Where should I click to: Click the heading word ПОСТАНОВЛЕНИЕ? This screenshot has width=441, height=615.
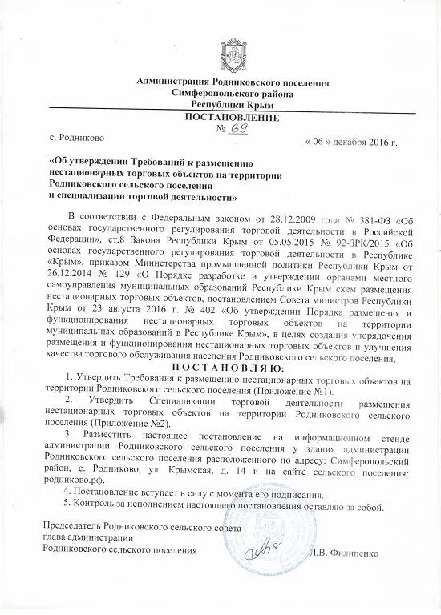click(x=222, y=119)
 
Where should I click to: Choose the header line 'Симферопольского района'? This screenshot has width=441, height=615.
click(x=221, y=93)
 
